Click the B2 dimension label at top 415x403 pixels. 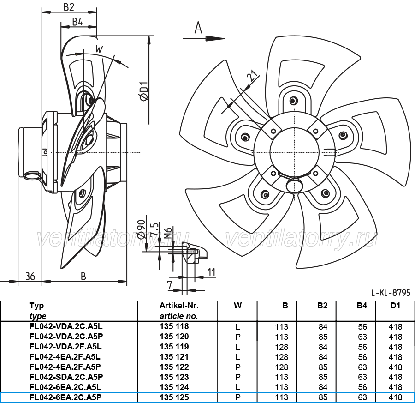69,7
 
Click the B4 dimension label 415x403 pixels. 77,22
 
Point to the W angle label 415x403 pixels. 99,49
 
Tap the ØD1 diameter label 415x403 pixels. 144,91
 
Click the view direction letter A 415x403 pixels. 198,28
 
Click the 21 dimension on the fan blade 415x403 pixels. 252,76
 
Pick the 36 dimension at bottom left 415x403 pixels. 30,277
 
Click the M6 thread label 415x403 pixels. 168,233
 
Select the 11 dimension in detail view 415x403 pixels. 212,272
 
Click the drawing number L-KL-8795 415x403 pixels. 391,293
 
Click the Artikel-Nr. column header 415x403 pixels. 179,306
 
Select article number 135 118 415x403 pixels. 174,326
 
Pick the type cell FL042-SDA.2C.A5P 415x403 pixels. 66,377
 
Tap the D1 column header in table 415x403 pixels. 395,306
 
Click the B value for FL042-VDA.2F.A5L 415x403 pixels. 281,347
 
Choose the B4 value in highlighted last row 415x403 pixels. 362,397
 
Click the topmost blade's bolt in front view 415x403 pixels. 293,100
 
